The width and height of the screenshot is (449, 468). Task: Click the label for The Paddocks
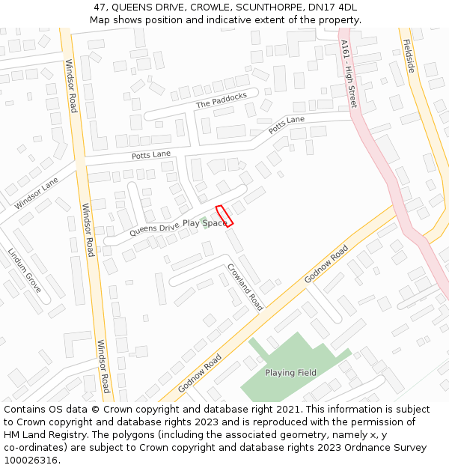(x=222, y=100)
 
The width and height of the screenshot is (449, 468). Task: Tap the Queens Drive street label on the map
(x=154, y=228)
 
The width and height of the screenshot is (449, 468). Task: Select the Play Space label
(x=205, y=223)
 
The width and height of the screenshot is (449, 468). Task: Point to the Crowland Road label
(x=245, y=287)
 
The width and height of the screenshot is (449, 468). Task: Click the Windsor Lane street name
(x=36, y=193)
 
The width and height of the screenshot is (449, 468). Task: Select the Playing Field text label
(x=290, y=373)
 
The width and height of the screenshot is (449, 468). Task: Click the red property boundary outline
(x=224, y=215)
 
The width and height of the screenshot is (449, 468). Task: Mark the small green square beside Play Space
(x=204, y=223)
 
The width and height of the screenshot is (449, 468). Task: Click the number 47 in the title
(x=100, y=7)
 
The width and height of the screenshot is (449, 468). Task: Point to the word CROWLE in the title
(x=198, y=7)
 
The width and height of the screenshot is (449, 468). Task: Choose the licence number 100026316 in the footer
(x=31, y=461)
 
